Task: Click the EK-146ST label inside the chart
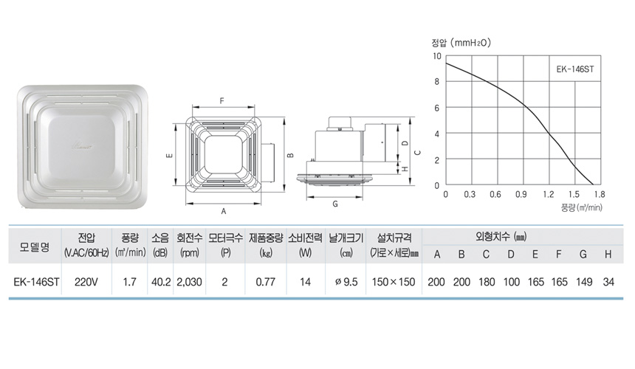click(x=575, y=69)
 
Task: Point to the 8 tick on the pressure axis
click(x=436, y=81)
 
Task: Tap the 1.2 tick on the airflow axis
click(x=549, y=195)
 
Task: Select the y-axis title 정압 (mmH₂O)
click(x=461, y=43)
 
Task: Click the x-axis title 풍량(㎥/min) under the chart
click(x=582, y=207)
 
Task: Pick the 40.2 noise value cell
click(x=161, y=282)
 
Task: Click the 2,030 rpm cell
click(x=189, y=282)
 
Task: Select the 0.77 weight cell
click(x=266, y=282)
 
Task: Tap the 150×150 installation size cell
click(x=394, y=282)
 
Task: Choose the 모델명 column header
click(x=35, y=246)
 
